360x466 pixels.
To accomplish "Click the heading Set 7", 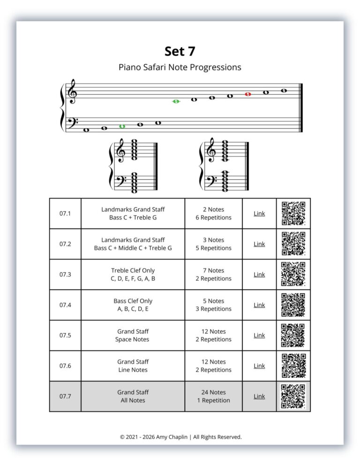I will click(x=180, y=51).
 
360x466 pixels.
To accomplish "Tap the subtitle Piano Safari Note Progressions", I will click(x=180, y=67).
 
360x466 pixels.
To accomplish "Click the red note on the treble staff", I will click(x=248, y=94).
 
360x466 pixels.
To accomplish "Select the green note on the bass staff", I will click(x=122, y=126).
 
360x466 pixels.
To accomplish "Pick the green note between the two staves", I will click(x=176, y=101).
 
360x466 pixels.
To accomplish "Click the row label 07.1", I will click(x=65, y=213).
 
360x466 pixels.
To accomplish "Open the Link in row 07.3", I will click(x=259, y=274).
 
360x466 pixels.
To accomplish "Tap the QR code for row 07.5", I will click(x=293, y=335).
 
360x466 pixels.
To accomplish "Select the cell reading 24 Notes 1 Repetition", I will click(x=213, y=396).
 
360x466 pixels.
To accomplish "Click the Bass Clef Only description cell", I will click(x=133, y=305).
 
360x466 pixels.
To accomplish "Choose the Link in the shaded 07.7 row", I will click(x=259, y=396).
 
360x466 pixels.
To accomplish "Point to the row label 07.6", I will click(x=65, y=366).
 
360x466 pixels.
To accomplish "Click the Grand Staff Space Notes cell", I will click(x=133, y=335).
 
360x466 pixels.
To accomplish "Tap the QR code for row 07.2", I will click(x=293, y=244).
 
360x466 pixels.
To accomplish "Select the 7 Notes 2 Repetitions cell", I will click(x=213, y=274).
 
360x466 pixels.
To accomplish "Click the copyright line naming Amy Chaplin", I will click(x=180, y=436).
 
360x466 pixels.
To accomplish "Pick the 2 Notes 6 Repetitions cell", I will click(x=213, y=213).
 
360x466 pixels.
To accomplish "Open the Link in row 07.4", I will click(x=259, y=305).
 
